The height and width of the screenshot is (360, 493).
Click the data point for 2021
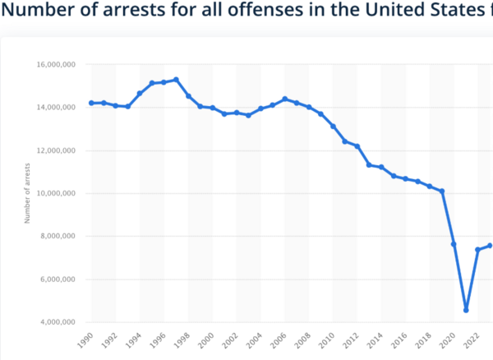click(x=466, y=310)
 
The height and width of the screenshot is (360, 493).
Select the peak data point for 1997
click(x=176, y=80)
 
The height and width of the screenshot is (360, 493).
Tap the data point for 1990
click(x=91, y=103)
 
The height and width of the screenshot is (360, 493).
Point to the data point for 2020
click(x=454, y=244)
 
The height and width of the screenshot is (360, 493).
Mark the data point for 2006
click(x=285, y=99)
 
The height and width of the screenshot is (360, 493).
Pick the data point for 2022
click(x=477, y=250)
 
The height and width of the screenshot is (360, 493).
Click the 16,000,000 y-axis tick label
click(x=58, y=64)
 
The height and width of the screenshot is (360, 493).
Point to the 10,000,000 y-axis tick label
click(x=58, y=193)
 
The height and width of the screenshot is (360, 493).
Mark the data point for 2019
click(x=442, y=192)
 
